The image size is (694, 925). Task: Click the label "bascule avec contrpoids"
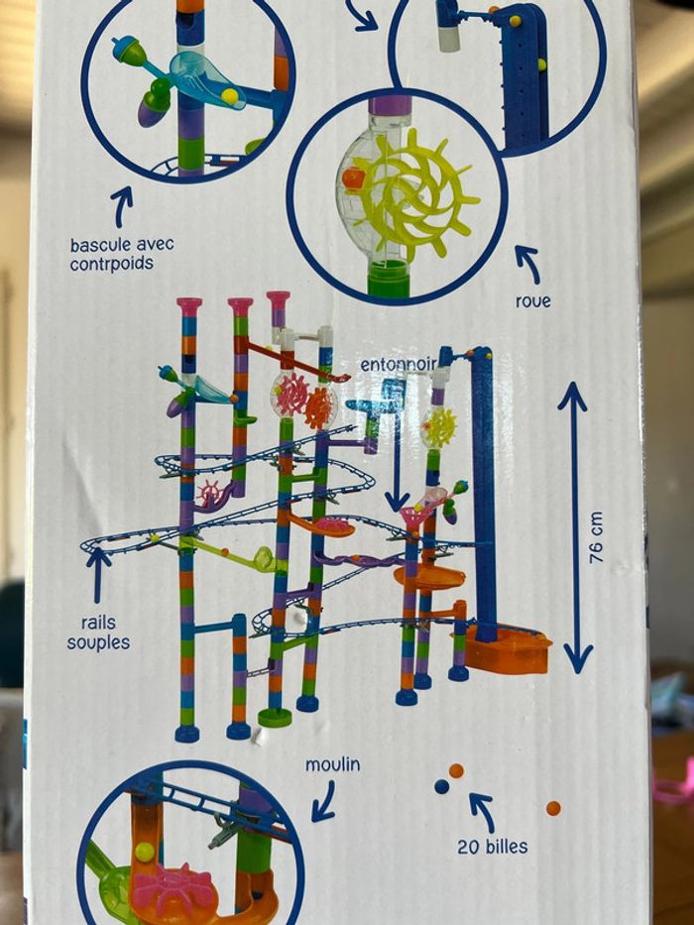(x=122, y=254)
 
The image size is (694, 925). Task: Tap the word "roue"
(x=533, y=301)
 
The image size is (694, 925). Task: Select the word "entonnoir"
(x=399, y=365)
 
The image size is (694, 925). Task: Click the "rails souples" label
(x=98, y=633)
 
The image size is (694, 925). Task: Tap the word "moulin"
(x=332, y=765)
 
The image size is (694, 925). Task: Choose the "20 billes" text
(x=493, y=847)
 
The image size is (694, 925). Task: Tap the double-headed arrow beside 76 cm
(x=575, y=528)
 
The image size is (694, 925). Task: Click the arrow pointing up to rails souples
(x=98, y=575)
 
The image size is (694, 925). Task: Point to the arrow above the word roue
(x=528, y=264)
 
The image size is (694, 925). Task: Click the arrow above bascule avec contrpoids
(x=122, y=206)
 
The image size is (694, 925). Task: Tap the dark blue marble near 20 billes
(x=441, y=786)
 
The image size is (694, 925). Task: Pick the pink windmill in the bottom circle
(x=172, y=889)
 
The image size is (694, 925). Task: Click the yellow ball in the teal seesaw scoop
(x=230, y=95)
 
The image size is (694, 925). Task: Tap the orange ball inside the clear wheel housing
(x=352, y=178)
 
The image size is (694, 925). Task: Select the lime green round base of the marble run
(x=275, y=718)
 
